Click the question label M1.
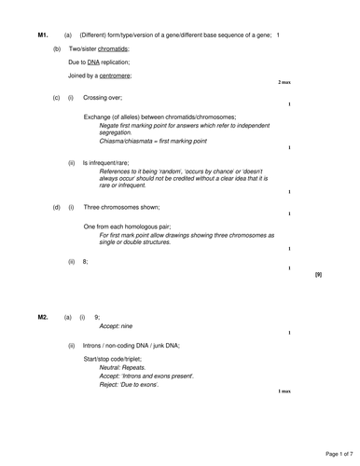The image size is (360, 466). (x=43, y=34)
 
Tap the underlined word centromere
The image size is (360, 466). (x=116, y=75)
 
